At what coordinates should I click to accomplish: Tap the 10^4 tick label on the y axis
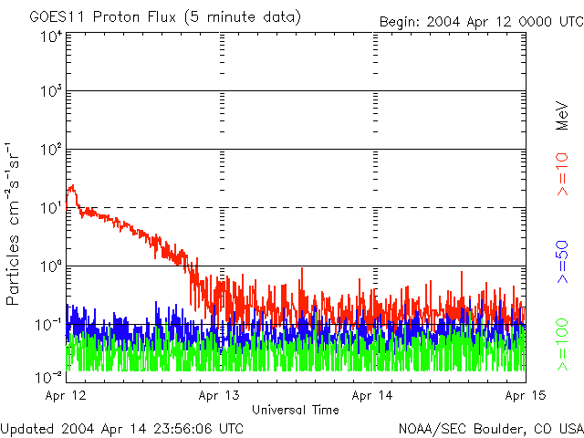(51, 36)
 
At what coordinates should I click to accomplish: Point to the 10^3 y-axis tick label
(51, 92)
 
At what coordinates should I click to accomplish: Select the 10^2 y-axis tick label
(51, 150)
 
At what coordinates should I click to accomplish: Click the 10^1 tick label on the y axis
(51, 207)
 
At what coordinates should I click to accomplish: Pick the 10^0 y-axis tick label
(51, 266)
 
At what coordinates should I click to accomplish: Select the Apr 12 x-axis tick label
(67, 396)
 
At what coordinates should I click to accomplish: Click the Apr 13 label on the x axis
(220, 396)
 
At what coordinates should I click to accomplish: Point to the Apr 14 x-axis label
(373, 396)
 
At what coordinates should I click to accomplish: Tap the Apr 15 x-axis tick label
(526, 396)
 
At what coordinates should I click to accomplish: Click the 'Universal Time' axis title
(296, 410)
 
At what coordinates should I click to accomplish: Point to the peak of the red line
(71, 185)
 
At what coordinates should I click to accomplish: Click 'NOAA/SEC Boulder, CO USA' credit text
(490, 428)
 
